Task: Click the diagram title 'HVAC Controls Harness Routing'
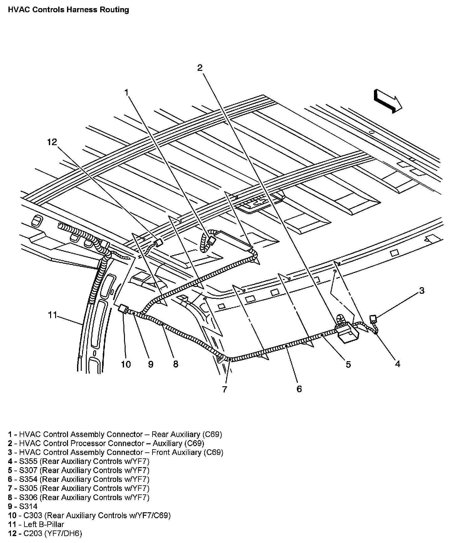68,10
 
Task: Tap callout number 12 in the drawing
52,142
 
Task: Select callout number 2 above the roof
200,68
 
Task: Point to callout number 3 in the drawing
422,291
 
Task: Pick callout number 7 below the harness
225,389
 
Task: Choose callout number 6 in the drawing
299,389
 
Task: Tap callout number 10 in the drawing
126,364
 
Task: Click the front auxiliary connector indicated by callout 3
373,319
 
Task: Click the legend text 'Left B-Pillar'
44,524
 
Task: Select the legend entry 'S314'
28,506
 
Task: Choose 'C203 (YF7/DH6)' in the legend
50,533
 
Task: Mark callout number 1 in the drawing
127,92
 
